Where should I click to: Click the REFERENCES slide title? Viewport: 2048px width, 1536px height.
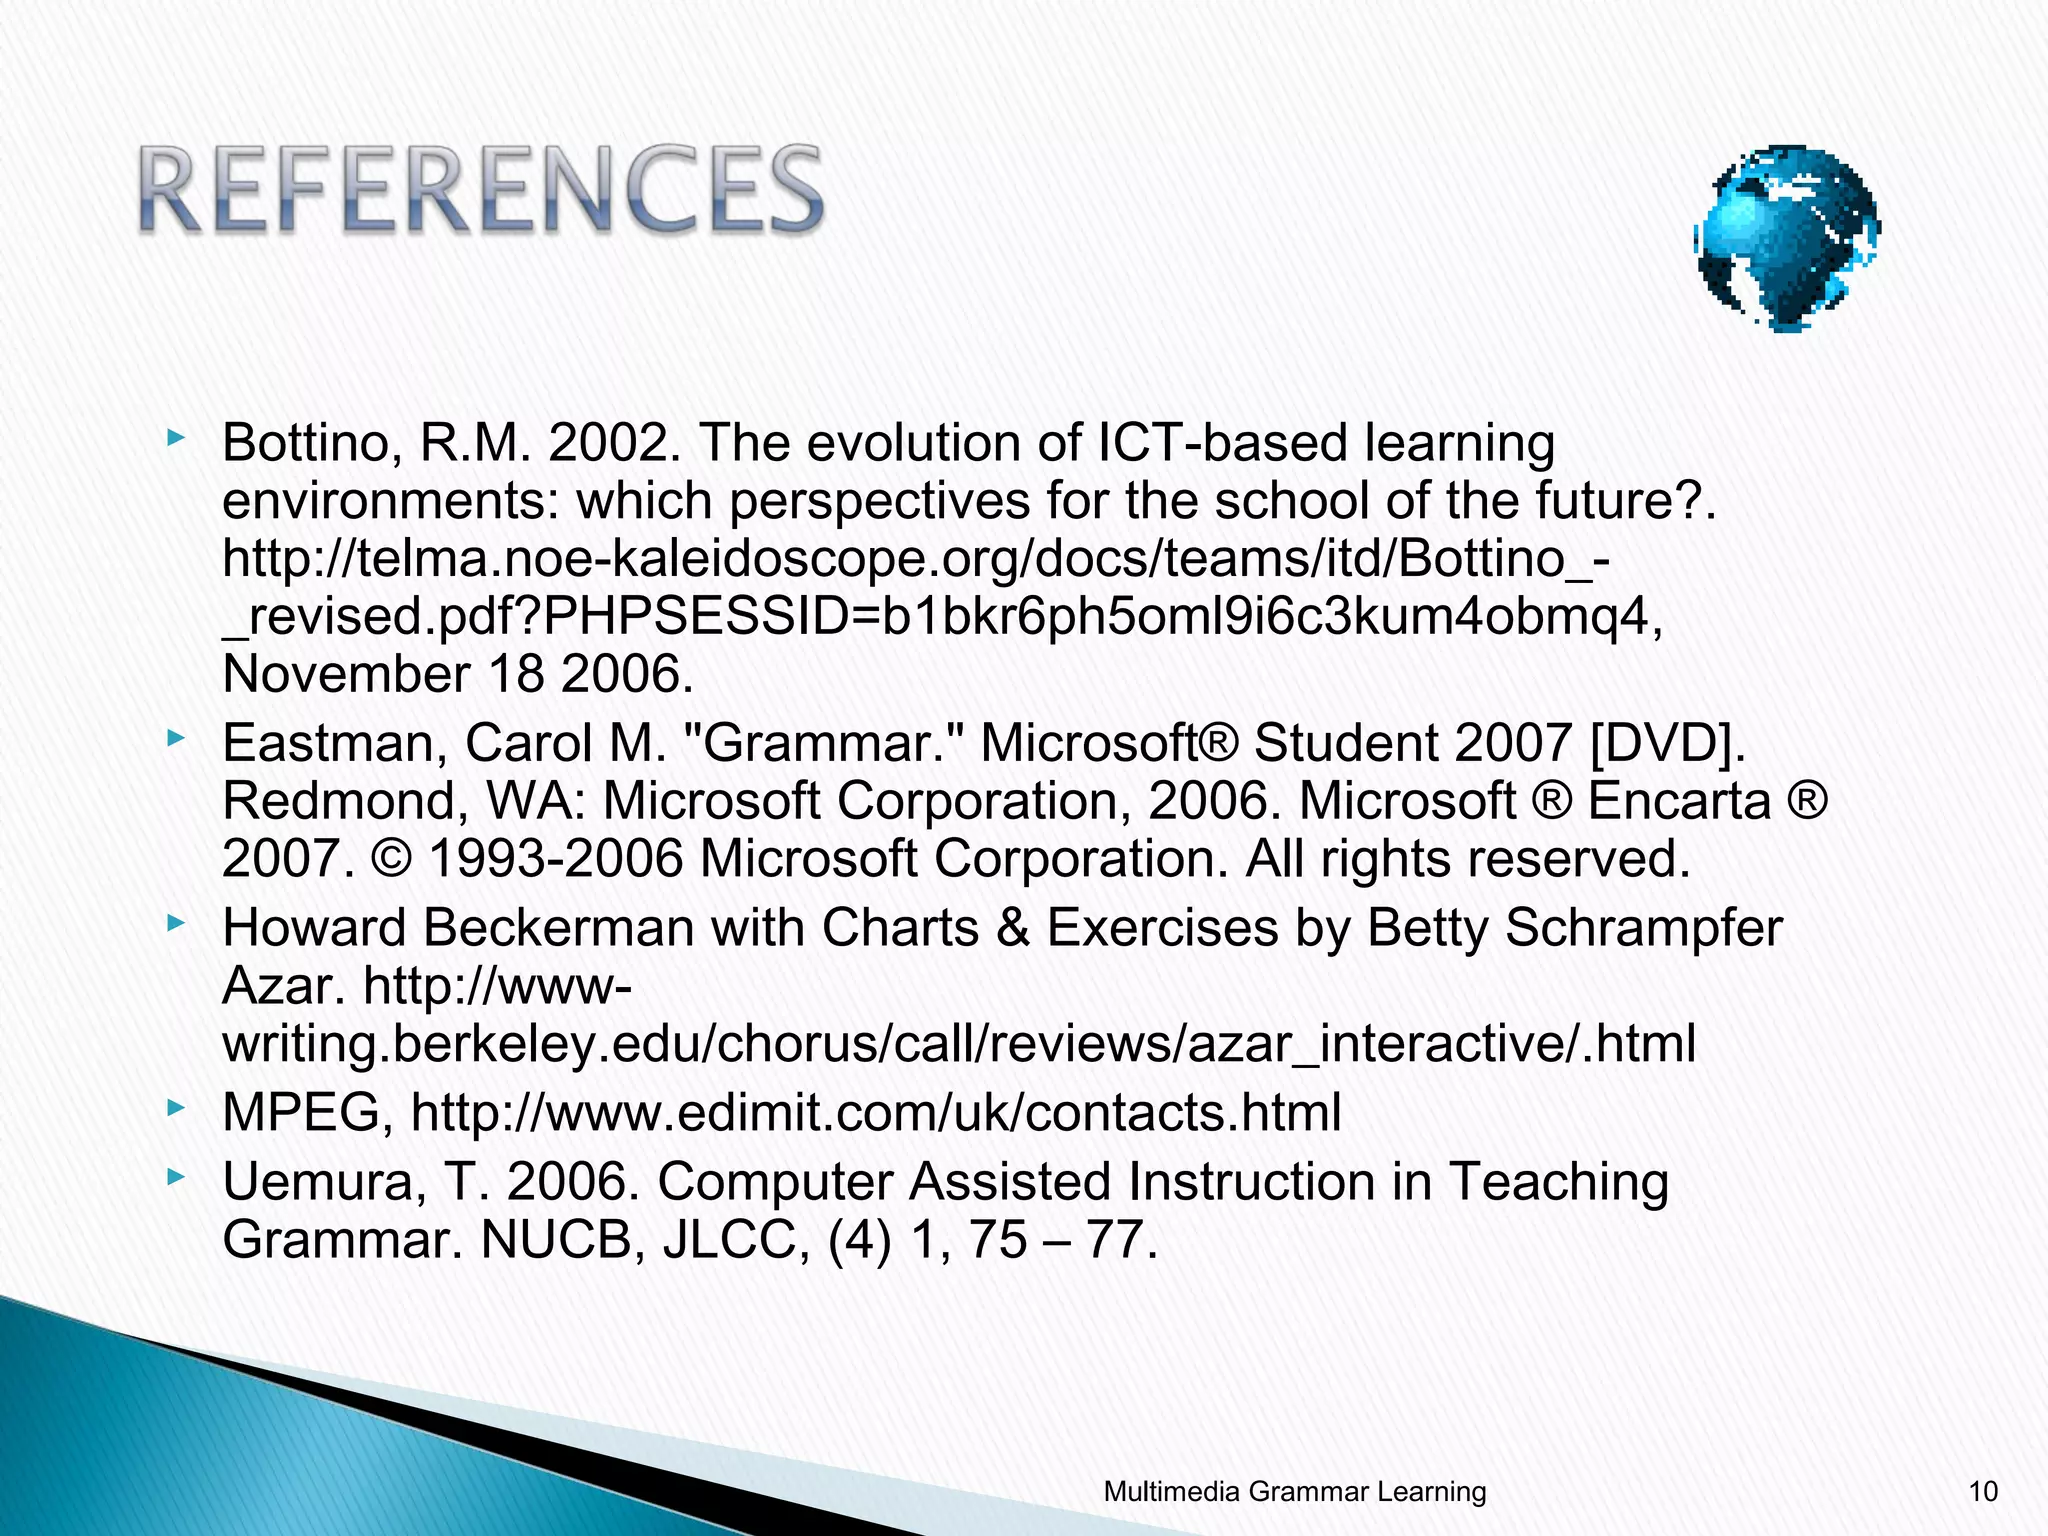click(x=480, y=190)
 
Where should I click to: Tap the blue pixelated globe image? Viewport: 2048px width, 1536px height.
click(x=1787, y=238)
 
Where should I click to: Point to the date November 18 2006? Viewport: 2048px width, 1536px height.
click(x=457, y=674)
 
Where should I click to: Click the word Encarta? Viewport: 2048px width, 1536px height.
click(x=1679, y=801)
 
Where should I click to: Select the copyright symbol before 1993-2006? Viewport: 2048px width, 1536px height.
click(x=391, y=859)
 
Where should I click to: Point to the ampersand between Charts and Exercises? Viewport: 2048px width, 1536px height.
click(x=1012, y=928)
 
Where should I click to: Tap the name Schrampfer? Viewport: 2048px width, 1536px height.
click(x=1643, y=928)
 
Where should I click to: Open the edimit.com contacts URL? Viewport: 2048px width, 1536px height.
click(x=875, y=1113)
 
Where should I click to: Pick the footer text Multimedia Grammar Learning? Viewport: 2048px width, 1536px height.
click(x=1294, y=1492)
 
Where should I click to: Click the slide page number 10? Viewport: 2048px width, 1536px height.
click(x=1982, y=1492)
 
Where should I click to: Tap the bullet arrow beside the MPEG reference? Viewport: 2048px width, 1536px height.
click(x=176, y=1107)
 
